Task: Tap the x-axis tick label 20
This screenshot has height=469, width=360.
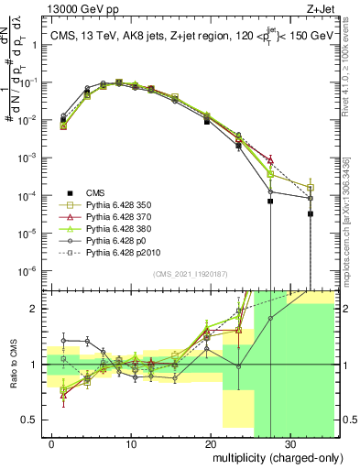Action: click(211, 444)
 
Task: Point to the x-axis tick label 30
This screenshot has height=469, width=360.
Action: click(289, 444)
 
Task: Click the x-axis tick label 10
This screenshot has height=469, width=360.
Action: click(131, 444)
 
